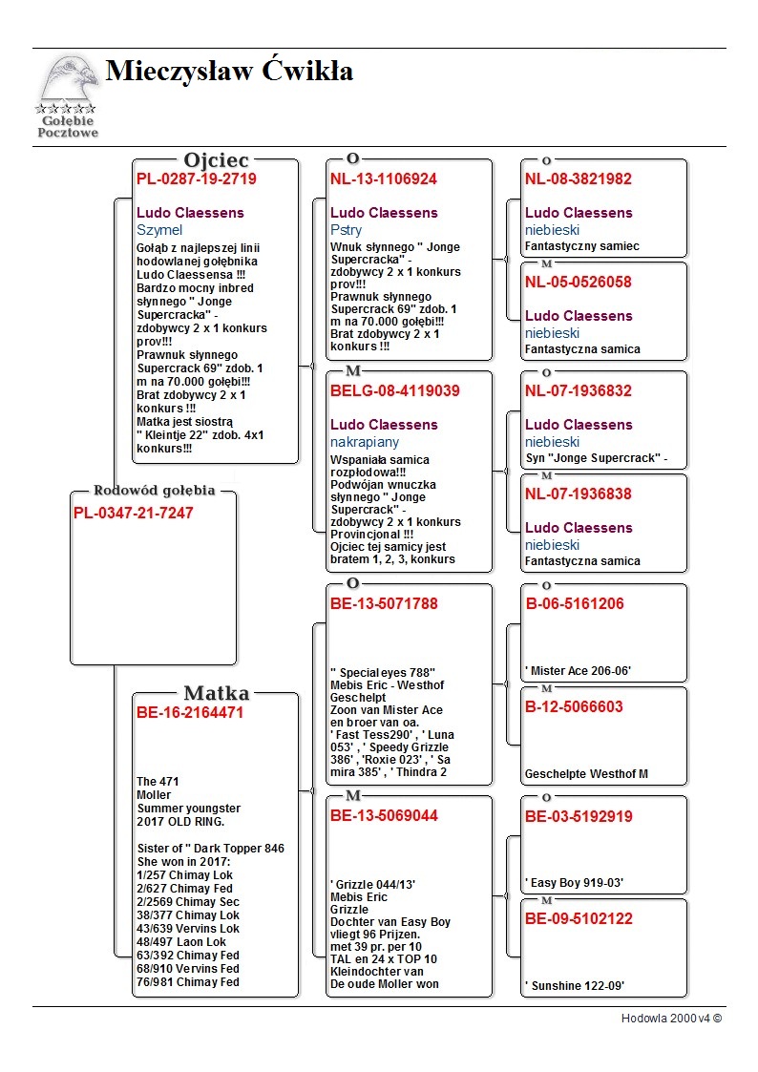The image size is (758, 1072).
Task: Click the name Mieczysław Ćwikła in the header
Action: coord(229,72)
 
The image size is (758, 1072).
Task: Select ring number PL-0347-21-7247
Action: coord(134,514)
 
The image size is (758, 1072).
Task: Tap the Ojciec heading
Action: coord(217,160)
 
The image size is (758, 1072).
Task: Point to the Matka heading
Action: coord(217,693)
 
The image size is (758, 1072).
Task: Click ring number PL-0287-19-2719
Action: coord(197,179)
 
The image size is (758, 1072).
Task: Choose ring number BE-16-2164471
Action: coord(190,712)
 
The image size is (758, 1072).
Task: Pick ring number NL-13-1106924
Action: coord(384,179)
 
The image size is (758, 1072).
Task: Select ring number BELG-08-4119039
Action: coord(395,390)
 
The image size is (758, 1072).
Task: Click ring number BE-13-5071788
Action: coord(384,603)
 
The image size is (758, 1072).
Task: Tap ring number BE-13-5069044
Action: coord(384,816)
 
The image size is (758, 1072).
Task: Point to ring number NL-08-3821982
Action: coord(579,179)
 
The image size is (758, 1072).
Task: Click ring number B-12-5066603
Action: coord(574,707)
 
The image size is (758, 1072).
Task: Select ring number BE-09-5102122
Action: coord(579,919)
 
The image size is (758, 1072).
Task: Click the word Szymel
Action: coord(159,230)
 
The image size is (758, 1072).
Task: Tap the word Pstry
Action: coord(346,230)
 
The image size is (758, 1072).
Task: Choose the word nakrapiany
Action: coord(365,442)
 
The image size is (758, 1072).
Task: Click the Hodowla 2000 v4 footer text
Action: coord(671,1018)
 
